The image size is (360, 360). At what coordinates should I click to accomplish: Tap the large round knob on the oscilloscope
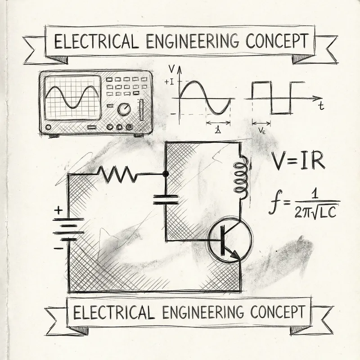pyautogui.click(x=124, y=109)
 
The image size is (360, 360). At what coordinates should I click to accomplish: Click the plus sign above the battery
pyautogui.click(x=58, y=210)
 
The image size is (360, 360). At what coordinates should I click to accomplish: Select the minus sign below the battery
pyautogui.click(x=58, y=248)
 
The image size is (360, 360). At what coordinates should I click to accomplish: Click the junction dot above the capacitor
pyautogui.click(x=166, y=174)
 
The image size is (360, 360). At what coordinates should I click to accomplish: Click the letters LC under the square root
pyautogui.click(x=327, y=213)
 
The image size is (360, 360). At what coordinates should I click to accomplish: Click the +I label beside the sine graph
pyautogui.click(x=170, y=82)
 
